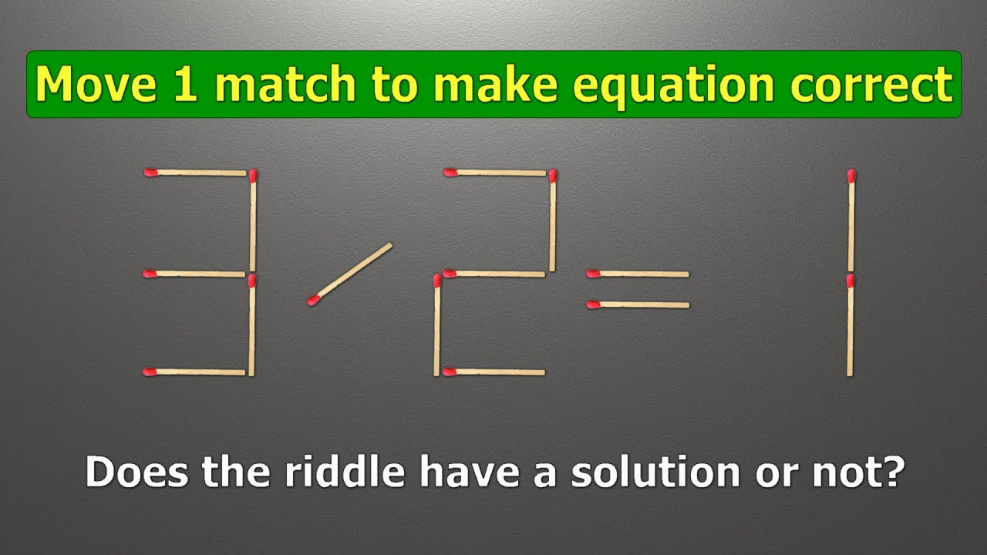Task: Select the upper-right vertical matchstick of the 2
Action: click(x=552, y=221)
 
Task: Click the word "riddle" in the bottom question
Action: click(x=344, y=472)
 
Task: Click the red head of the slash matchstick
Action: click(x=313, y=300)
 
